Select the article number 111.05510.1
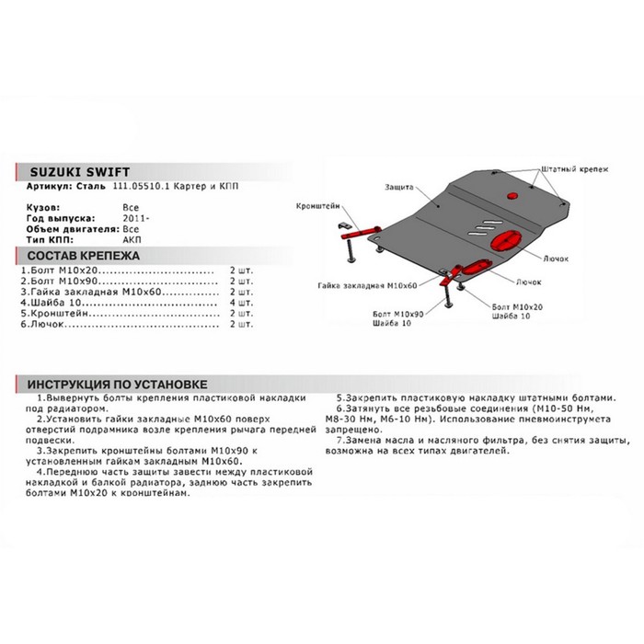coord(138,187)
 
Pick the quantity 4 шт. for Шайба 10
coord(241,301)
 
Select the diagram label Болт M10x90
coord(399,314)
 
